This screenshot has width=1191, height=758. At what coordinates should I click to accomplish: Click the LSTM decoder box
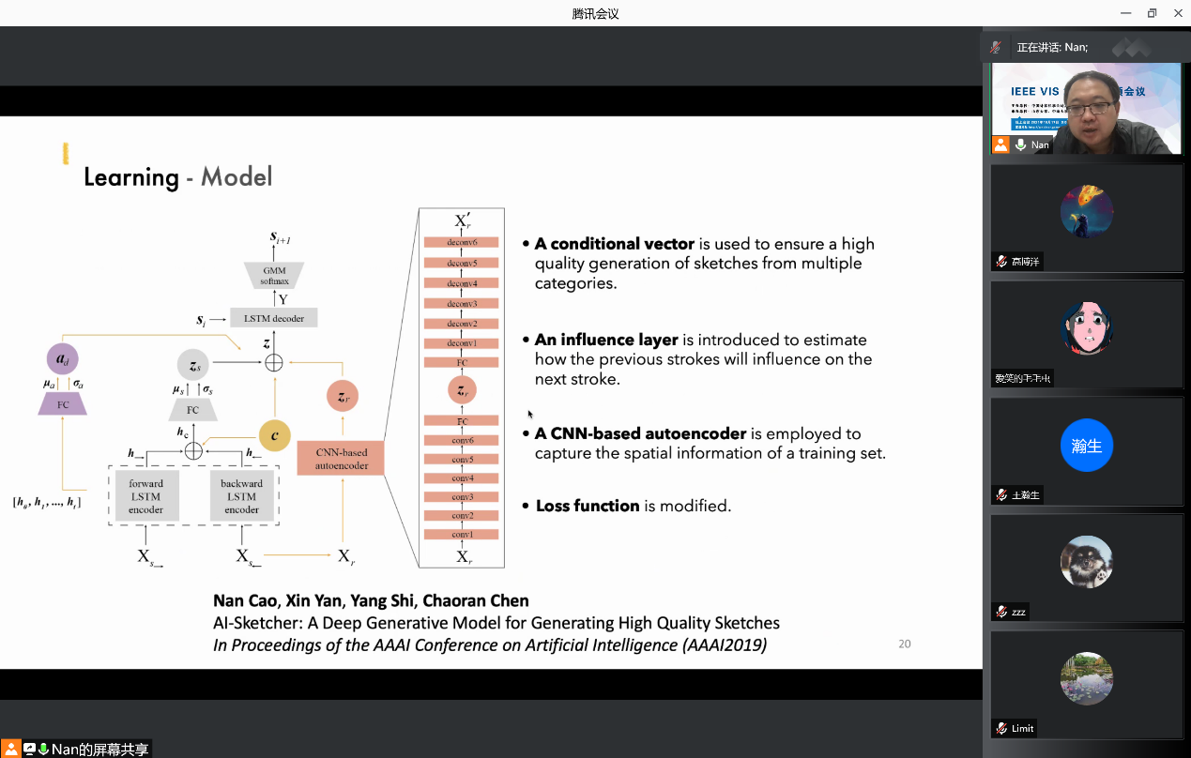[x=274, y=319]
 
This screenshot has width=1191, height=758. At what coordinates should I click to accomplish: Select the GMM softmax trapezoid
[x=274, y=275]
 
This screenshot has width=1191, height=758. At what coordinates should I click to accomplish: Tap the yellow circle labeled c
[x=274, y=435]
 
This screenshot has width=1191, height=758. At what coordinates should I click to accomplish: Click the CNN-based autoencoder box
[x=341, y=459]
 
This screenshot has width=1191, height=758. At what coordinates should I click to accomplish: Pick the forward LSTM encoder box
[x=145, y=496]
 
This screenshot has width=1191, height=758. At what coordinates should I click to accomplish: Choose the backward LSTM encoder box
[x=241, y=496]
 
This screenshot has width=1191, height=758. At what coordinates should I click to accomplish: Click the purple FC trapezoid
[x=63, y=404]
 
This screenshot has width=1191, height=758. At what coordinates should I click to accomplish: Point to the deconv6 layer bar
[x=462, y=242]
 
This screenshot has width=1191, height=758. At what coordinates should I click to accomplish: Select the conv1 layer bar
[x=462, y=535]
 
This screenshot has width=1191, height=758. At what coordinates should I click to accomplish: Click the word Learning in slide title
[x=131, y=177]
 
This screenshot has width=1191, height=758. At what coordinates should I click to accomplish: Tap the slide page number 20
[x=905, y=644]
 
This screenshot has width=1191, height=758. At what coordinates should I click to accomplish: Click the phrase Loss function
[x=588, y=506]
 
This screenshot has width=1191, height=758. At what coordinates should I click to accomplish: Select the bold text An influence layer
[x=606, y=340]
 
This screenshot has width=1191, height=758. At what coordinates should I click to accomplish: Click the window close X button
[x=1178, y=13]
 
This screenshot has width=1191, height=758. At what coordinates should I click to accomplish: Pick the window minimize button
[x=1125, y=13]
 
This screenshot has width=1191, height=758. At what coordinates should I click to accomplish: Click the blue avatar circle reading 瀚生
[x=1087, y=446]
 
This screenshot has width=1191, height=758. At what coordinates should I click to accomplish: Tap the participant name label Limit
[x=1022, y=728]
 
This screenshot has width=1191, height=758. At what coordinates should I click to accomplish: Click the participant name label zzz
[x=1018, y=612]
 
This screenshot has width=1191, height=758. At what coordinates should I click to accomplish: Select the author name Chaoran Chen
[x=476, y=600]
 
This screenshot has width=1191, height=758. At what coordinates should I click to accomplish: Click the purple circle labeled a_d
[x=63, y=360]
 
